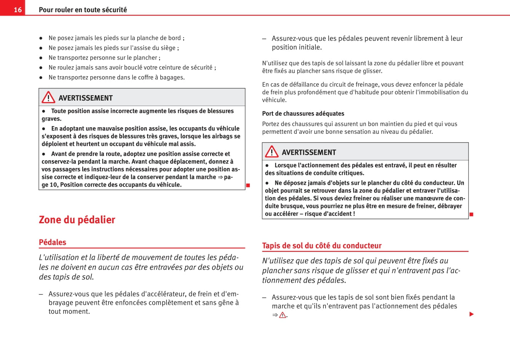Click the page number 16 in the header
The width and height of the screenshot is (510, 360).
(x=18, y=10)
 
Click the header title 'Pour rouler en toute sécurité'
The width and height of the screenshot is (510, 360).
(x=83, y=10)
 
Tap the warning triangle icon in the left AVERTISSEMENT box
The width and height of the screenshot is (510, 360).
(x=48, y=98)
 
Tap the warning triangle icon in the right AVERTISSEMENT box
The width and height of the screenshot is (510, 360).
(x=272, y=152)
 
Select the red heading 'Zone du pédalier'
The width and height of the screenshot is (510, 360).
(x=77, y=220)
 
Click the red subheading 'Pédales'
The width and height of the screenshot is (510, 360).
(x=53, y=242)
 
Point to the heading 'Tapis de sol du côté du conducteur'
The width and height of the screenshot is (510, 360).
(x=321, y=246)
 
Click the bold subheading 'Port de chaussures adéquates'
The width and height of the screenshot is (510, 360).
(x=303, y=114)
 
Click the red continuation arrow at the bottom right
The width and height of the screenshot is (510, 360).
(x=472, y=314)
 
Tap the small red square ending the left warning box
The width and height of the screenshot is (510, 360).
(x=248, y=186)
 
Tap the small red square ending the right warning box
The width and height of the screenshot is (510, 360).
(x=471, y=214)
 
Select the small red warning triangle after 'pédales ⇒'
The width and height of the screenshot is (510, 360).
(x=283, y=315)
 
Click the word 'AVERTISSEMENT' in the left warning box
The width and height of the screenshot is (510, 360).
(x=85, y=98)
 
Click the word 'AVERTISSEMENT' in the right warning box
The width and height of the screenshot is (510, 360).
(x=309, y=152)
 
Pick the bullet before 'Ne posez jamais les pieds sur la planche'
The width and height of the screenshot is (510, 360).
(x=41, y=38)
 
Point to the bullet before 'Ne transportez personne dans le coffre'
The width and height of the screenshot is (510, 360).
(x=41, y=78)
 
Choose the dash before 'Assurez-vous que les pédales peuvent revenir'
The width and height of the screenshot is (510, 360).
(x=264, y=38)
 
